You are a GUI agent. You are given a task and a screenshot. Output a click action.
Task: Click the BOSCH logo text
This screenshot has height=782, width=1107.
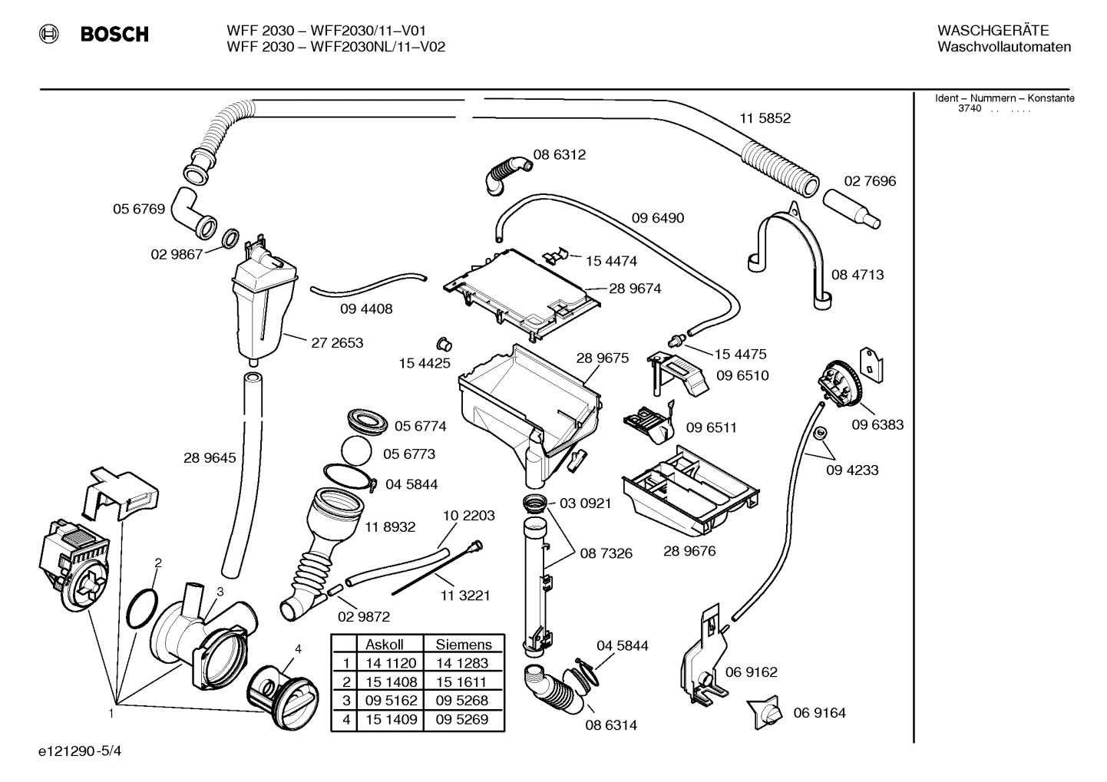114,35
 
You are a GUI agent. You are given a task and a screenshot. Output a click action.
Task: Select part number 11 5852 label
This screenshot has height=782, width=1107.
765,118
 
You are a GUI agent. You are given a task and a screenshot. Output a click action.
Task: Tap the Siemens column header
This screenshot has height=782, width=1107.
463,645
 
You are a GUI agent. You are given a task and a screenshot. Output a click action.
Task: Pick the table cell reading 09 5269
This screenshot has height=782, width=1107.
461,719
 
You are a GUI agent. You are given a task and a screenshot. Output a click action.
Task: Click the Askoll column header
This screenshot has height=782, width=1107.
384,645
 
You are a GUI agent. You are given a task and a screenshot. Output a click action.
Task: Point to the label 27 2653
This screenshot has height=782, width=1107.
337,343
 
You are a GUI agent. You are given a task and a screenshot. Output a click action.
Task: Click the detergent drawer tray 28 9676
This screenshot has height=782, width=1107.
691,491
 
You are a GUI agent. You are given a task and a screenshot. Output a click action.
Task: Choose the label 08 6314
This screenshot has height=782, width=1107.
611,725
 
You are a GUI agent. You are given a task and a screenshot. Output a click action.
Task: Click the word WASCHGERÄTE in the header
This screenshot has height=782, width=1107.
993,31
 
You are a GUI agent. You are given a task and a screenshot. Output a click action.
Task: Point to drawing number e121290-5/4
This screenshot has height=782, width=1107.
79,751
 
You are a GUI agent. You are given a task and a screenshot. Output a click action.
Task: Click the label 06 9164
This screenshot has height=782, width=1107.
819,713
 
